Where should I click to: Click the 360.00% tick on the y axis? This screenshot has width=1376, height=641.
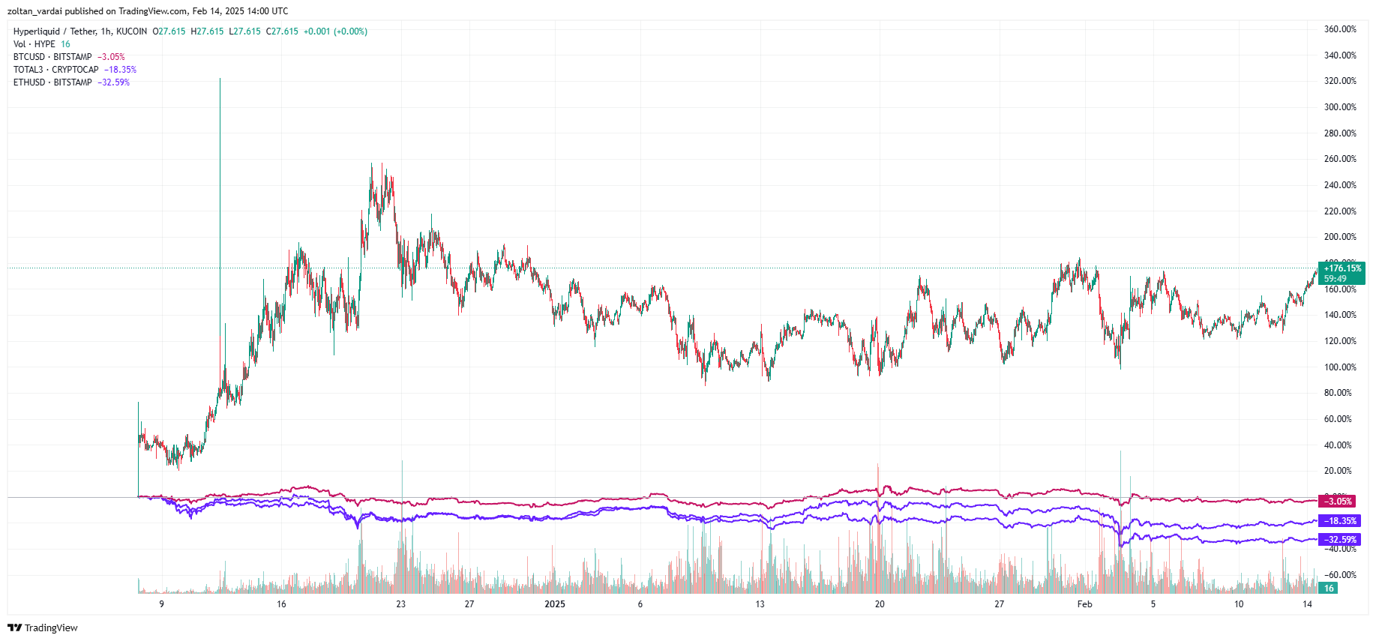pyautogui.click(x=1339, y=29)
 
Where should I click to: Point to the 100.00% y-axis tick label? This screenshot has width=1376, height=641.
pyautogui.click(x=1339, y=367)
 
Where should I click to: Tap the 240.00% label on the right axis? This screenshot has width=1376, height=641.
pyautogui.click(x=1339, y=185)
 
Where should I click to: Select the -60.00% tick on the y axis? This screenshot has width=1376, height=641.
pyautogui.click(x=1339, y=575)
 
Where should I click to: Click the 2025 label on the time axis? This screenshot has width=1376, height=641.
pyautogui.click(x=555, y=604)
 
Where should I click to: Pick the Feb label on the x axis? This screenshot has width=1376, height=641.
pyautogui.click(x=1084, y=604)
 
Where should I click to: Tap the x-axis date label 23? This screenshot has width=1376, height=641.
pyautogui.click(x=400, y=604)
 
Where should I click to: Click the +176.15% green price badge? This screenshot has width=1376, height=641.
pyautogui.click(x=1342, y=268)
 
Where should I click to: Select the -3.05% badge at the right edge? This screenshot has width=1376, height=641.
pyautogui.click(x=1339, y=502)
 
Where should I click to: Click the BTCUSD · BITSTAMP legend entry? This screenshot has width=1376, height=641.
pyautogui.click(x=52, y=57)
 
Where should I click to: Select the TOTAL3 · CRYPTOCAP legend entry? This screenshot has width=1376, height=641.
pyautogui.click(x=55, y=70)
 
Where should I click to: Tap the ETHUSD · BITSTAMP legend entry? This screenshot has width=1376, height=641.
pyautogui.click(x=52, y=82)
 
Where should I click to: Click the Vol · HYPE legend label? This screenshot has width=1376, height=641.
pyautogui.click(x=34, y=44)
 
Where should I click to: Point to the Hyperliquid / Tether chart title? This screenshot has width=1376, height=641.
pyautogui.click(x=55, y=31)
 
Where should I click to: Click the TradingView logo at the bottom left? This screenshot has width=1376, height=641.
pyautogui.click(x=43, y=628)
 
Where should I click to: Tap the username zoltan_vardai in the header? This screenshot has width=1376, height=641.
pyautogui.click(x=34, y=11)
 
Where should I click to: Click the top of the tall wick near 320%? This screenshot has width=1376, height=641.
pyautogui.click(x=220, y=79)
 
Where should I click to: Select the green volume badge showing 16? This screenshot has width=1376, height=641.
pyautogui.click(x=1328, y=589)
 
